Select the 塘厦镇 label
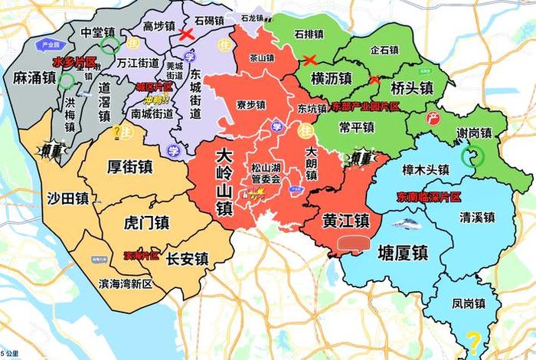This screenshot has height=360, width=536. [403, 253]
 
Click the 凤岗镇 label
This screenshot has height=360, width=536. [469, 304]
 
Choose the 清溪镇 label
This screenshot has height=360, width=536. [477, 217]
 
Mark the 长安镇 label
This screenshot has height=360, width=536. [188, 258]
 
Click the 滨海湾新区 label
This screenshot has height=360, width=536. [125, 283]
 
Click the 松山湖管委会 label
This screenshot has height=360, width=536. [266, 173]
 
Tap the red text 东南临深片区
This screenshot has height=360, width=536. [429, 197]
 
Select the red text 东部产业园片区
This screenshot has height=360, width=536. [366, 106]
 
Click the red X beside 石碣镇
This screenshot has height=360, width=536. [185, 34]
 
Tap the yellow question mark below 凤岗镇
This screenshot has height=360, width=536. [475, 339]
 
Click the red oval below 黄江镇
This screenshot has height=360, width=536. [354, 244]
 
